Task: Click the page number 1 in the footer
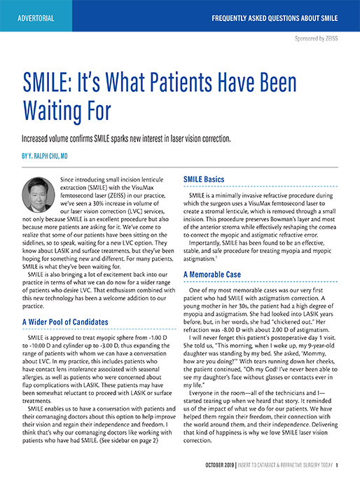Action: tap(338, 465)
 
